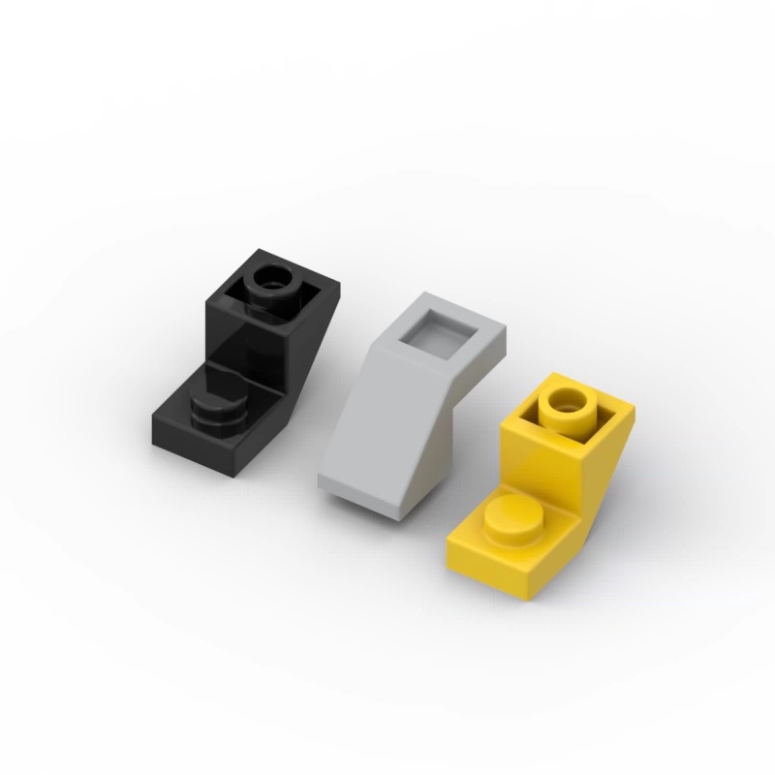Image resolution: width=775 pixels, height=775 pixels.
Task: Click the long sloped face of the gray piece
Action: tap(387, 426)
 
